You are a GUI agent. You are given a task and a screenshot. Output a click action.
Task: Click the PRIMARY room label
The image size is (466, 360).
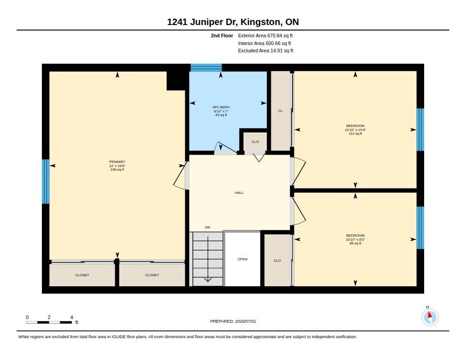pos(117,162)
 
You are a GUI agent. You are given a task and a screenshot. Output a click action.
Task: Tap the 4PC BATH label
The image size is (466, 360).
pos(221,107)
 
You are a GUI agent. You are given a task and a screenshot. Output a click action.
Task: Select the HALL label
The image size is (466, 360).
pos(239,193)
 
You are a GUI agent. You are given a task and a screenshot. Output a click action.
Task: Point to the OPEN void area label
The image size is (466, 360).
pos(243,259)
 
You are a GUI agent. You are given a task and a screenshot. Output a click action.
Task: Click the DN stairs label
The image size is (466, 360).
pos(208,228)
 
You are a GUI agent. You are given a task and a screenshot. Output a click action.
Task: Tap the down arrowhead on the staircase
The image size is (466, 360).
pos(208,279)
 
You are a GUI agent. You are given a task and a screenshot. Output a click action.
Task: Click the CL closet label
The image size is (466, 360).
pos(280,111)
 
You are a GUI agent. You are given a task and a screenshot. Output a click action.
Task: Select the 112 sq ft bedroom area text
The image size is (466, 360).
pos(355,134)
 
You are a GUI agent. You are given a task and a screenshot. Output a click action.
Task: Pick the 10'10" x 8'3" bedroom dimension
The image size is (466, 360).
pos(355,239)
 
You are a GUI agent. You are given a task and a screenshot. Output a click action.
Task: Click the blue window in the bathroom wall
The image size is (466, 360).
pos(206,68)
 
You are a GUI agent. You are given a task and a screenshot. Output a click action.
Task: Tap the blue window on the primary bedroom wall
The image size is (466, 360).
pos(46,181)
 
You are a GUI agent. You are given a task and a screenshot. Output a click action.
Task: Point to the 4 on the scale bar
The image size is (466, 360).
pos(71,317)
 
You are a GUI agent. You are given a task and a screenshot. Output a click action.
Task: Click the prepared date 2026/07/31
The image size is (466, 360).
pos(245,321)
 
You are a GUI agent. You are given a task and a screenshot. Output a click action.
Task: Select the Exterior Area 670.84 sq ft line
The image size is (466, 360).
pos(265,35)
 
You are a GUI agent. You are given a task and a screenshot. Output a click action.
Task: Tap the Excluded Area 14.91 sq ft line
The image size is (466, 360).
pos(266,51)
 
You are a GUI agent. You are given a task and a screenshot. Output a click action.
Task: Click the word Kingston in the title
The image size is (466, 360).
pos(260,22)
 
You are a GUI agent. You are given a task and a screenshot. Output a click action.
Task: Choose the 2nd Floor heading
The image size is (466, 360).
pos(222,35)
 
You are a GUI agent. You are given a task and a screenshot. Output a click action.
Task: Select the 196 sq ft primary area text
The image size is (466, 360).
pos(117,170)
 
